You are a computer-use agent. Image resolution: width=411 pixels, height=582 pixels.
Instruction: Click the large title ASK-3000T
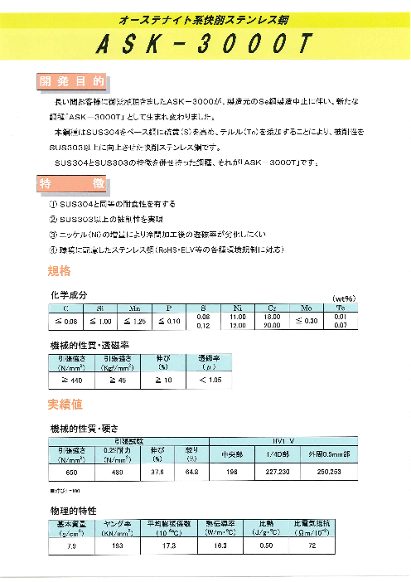[205, 46]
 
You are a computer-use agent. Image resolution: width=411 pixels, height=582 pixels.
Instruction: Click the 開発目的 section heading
[72, 81]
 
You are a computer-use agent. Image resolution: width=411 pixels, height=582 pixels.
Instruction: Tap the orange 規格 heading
[60, 271]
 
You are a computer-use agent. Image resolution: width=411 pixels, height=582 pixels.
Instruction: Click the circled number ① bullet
[54, 204]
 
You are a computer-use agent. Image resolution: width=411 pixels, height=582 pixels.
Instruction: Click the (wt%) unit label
[344, 298]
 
